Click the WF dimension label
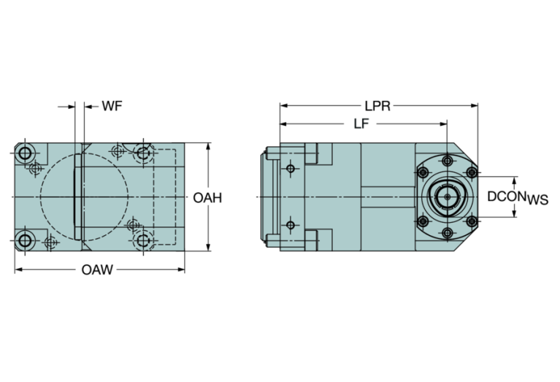[112, 107]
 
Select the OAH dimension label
[208, 197]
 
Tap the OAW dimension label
[97, 270]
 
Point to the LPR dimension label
[378, 106]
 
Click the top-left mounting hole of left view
[26, 153]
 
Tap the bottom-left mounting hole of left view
[26, 240]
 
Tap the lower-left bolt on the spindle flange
[421, 221]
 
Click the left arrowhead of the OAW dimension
[18, 270]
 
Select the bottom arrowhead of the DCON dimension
[516, 217]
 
